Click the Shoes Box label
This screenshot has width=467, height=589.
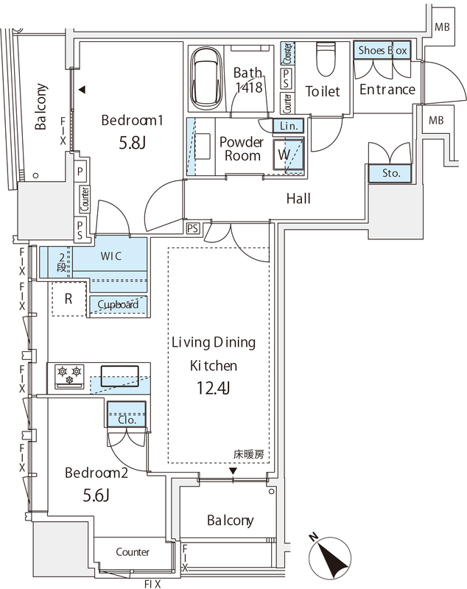pos(382,52)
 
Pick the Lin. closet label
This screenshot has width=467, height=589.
pos(288,127)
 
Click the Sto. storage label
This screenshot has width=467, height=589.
pos(390,174)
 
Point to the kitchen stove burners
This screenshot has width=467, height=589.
pos(68,375)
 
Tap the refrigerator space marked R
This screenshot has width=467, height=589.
pos(68,300)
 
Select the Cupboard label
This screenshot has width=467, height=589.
pos(118,304)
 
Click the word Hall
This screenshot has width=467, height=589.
pos(298,199)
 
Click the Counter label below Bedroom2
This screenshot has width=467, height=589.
pos(133,551)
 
